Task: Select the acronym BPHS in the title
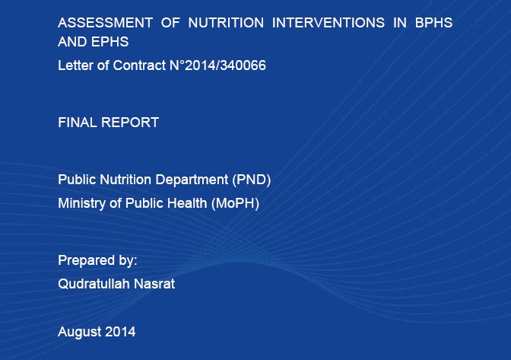[x=433, y=23]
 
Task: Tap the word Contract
[x=139, y=65]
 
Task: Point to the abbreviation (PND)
[x=251, y=180]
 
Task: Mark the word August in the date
[x=80, y=331]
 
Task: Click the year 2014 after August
[x=121, y=331]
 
